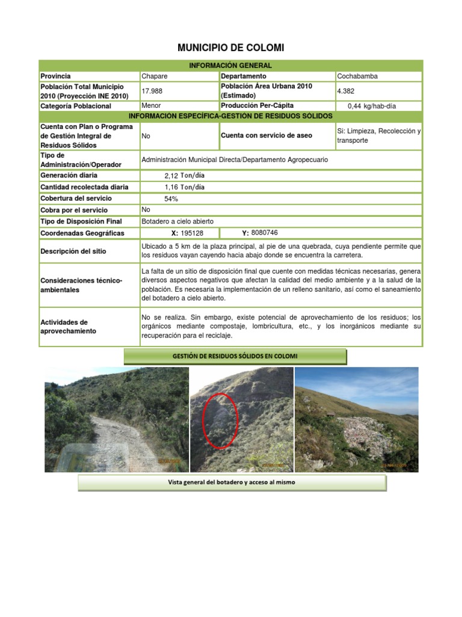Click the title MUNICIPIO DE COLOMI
click(x=231, y=47)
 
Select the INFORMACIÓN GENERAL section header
click(x=231, y=65)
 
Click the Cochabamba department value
click(x=358, y=76)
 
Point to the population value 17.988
click(x=152, y=91)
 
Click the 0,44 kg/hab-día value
click(x=372, y=106)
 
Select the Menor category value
click(x=151, y=105)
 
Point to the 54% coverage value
click(x=171, y=198)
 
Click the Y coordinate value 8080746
click(x=265, y=233)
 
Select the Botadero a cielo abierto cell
click(x=177, y=221)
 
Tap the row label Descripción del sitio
click(x=74, y=251)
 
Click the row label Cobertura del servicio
click(x=76, y=198)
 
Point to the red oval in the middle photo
click(x=220, y=420)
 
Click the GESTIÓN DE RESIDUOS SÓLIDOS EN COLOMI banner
click(x=235, y=356)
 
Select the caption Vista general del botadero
click(x=232, y=483)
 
